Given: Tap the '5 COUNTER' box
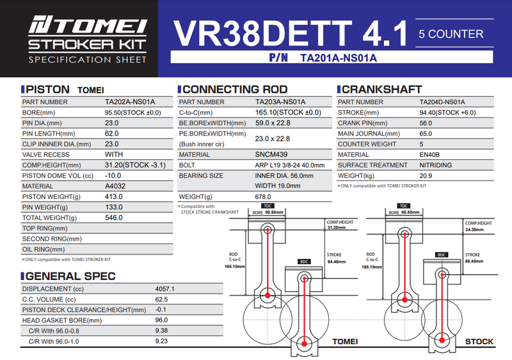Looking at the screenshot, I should tap(451, 33).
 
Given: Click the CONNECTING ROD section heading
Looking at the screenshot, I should tap(233, 90).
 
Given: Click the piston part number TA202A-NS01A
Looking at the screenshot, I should tap(129, 102).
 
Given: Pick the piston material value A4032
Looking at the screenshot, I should tap(115, 186).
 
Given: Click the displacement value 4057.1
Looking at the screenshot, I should tap(164, 289).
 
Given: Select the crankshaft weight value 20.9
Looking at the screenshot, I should tap(427, 175).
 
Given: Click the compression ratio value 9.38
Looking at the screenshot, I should tap(162, 331).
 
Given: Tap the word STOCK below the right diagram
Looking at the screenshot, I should tap(479, 341).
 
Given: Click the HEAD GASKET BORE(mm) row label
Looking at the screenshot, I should tap(61, 320).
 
